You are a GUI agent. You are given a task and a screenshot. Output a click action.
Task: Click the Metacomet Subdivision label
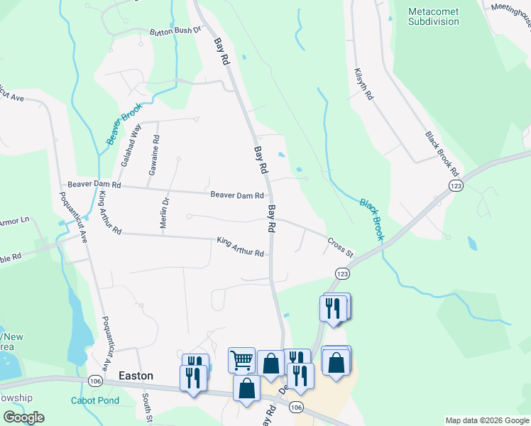(434, 16)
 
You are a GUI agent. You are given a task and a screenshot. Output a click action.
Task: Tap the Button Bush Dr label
(175, 31)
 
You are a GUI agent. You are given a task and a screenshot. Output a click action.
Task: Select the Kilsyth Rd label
(363, 84)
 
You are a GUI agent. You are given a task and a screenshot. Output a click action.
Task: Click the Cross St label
(340, 246)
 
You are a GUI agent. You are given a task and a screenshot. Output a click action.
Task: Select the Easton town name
(136, 376)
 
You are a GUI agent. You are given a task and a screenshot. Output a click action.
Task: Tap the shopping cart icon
(241, 360)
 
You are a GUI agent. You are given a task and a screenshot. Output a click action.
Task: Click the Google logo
(23, 417)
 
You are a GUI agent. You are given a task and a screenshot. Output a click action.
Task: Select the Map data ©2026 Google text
(486, 420)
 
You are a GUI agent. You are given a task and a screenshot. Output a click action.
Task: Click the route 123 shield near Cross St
(342, 273)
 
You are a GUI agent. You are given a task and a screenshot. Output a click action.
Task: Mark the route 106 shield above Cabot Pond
(96, 381)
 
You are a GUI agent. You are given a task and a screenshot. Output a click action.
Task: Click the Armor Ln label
(12, 221)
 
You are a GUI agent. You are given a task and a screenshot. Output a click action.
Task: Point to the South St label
(146, 406)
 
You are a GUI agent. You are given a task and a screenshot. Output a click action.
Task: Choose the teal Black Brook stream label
(371, 219)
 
